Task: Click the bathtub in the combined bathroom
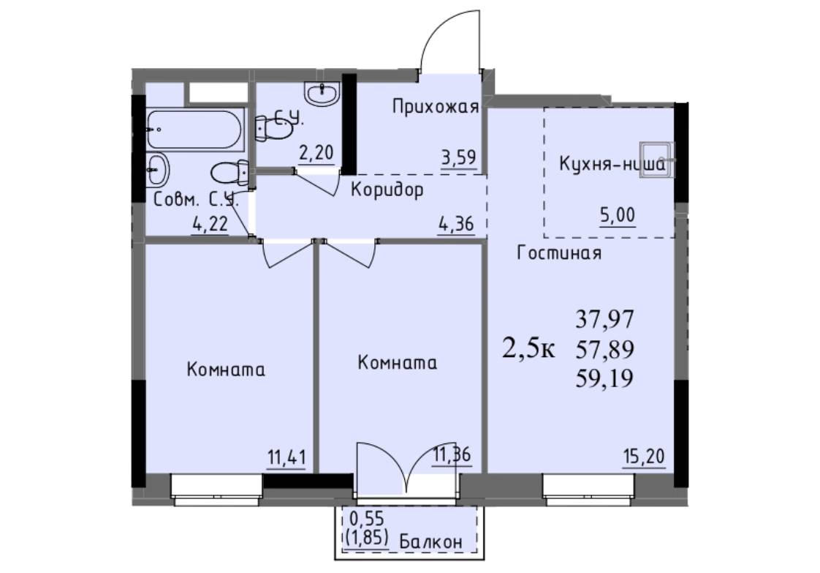pos(194,130)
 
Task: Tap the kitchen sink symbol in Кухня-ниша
pos(657,160)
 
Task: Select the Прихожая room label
pos(436,107)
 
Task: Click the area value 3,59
pos(459,157)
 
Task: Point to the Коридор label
pos(387,190)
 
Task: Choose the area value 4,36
pos(456,224)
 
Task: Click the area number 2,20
pos(316,153)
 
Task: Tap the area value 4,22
pos(210,224)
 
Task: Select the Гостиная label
pos(559,253)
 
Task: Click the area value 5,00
pos(618,214)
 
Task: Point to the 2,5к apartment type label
pos(528,348)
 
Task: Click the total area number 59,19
pos(605,378)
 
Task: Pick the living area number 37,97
pos(605,318)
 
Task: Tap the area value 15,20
pos(645,456)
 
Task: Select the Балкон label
pos(431,542)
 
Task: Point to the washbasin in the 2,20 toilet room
pos(322,94)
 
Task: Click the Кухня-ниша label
pos(612,165)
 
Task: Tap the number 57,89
pos(605,348)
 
